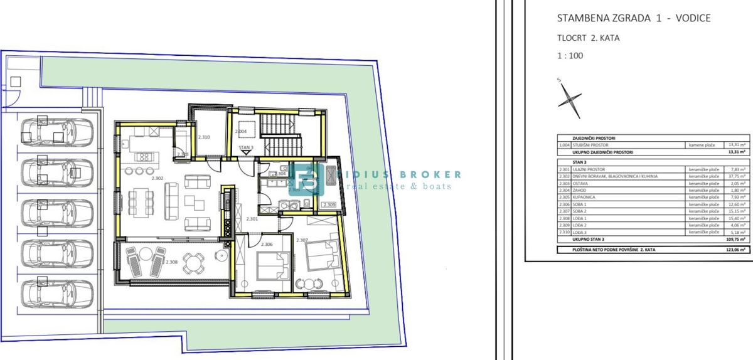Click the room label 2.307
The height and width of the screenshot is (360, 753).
click(302, 240)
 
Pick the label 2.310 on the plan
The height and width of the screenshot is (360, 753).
click(203, 137)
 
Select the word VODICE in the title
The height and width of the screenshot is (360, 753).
click(689, 18)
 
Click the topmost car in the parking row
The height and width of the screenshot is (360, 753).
click(58, 130)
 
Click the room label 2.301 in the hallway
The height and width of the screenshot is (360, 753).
click(252, 219)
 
